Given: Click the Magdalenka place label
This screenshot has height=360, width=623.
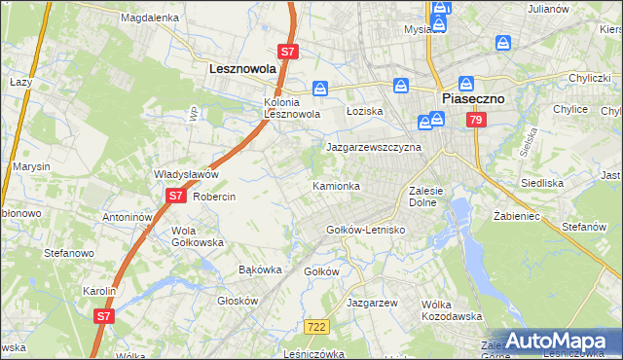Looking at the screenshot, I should pos(149,18).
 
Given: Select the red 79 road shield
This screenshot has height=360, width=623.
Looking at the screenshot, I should pos(475,120).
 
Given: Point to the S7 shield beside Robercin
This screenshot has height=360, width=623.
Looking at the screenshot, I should pos(174,196).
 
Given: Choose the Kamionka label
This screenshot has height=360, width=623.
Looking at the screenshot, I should pos(336,185).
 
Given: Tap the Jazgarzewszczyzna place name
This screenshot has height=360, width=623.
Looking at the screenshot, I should pos(373,147).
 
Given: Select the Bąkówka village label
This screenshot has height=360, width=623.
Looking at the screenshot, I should pos(260,269).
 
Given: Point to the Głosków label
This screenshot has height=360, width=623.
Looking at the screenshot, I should pos(237,301).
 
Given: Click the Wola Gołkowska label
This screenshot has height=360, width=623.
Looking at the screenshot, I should pos(198,236).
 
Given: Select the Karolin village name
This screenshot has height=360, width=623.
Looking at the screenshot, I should pos(99,291).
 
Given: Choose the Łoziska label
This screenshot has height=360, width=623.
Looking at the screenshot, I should pos(365,111).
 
